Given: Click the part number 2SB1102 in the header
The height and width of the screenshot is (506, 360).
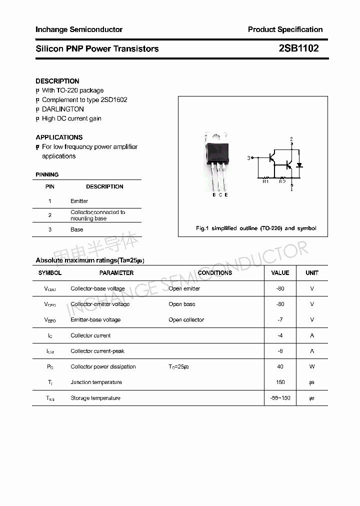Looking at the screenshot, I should point(298,48).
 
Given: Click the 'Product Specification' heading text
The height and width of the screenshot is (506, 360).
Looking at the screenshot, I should point(285,29).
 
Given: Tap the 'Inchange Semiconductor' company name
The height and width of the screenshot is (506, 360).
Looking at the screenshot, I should point(79,29).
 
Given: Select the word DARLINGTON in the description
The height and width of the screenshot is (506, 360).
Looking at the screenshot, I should point(63,109).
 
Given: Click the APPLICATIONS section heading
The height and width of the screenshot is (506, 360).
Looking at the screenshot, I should point(59,137).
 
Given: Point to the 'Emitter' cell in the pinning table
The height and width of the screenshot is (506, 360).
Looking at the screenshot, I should point(79,201).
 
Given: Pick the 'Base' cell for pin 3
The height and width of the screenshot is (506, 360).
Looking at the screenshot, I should point(76,229).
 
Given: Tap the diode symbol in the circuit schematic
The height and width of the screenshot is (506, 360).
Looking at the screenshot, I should point(299,165).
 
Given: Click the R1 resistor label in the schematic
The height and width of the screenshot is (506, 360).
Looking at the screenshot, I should point(266,181).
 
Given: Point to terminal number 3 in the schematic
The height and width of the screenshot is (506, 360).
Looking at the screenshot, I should point(248,158).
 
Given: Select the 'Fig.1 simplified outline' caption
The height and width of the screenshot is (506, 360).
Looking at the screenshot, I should point(255,228).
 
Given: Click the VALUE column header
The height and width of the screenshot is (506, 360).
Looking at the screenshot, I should point(280,273).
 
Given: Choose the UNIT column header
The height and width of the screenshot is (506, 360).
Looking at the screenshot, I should point(312,273).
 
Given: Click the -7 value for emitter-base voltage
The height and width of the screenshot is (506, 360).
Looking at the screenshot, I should point(280,319).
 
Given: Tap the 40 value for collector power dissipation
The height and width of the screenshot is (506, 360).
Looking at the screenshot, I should point(280,366).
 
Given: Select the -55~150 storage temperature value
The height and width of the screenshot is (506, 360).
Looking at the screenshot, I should point(280,398).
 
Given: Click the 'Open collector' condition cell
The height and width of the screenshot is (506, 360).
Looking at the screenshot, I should point(186,319).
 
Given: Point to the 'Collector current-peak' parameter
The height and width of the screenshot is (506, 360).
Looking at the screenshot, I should point(97,351).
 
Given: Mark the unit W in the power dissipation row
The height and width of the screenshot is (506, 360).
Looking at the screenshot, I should point(312,366).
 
